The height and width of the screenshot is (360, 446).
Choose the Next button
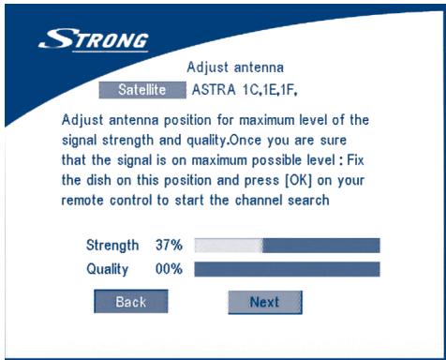(x=264, y=303)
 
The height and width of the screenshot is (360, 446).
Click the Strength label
(x=111, y=246)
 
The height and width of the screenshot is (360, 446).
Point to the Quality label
(x=107, y=269)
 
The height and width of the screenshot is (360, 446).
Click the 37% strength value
(x=169, y=246)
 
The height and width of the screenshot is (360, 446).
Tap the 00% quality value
(x=169, y=269)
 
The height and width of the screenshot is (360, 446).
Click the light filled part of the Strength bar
(x=228, y=246)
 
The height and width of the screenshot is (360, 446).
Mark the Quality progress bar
(x=287, y=269)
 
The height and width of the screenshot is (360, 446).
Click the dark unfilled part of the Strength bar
(x=320, y=246)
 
